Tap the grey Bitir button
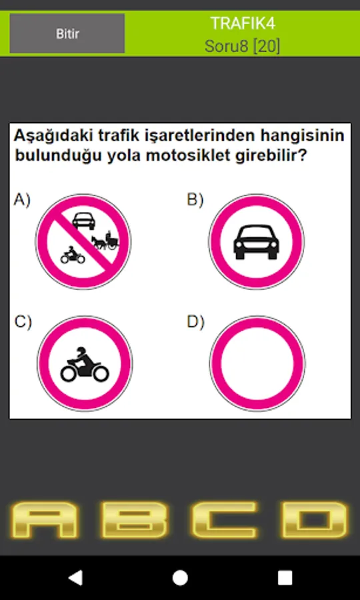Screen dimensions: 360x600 point(67,33)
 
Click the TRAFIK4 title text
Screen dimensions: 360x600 point(243,24)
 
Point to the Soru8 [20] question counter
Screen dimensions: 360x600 point(242,46)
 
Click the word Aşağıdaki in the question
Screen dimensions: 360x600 point(53,137)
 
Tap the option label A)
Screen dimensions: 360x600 point(22,199)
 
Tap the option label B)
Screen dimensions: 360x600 point(195,199)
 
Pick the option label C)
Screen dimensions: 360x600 point(23,322)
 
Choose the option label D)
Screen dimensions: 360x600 point(195,322)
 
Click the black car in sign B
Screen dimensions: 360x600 point(256,242)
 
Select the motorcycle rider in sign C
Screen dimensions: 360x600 point(85,365)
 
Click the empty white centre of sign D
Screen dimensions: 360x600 point(257,363)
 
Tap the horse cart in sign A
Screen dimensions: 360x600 point(105,241)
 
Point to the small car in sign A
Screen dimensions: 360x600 point(83,221)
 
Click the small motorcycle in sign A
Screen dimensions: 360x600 point(72,255)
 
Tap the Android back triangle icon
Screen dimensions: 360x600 point(76,578)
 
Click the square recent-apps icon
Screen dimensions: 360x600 point(285,578)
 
